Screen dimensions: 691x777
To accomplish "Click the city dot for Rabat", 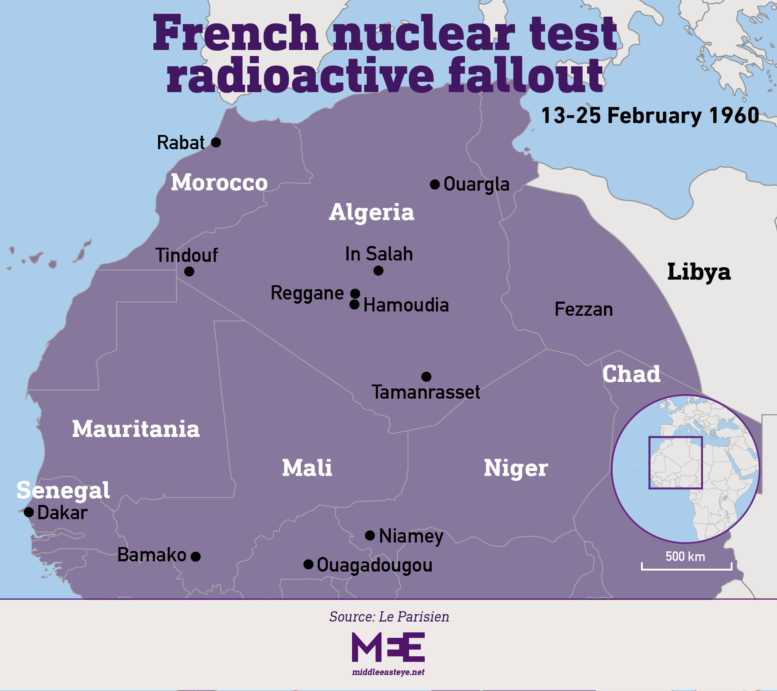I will tap(216, 142).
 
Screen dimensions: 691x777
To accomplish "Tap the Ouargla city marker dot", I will tap(435, 185).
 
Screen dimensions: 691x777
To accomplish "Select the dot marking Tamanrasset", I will tap(426, 376).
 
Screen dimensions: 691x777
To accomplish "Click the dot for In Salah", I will tap(378, 270).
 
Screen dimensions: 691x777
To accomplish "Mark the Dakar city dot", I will tap(29, 512).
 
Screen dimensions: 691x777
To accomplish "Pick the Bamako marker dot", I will tap(195, 556).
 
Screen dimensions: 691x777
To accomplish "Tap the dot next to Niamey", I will tap(370, 535).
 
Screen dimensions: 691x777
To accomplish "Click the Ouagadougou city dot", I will tap(308, 564).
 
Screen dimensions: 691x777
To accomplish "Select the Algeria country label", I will tap(372, 212).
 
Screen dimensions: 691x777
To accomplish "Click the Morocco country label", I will tap(219, 182).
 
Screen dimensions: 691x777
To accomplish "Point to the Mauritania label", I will tap(136, 429).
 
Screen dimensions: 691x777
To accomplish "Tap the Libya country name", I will tap(699, 272).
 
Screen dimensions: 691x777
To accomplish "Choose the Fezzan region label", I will tap(584, 309).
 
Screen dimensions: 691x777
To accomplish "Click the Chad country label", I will tap(631, 374).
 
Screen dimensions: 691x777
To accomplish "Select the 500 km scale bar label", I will tap(685, 556).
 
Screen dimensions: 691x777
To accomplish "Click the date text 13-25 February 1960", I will tap(650, 116).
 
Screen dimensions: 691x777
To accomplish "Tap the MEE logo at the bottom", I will tap(388, 647).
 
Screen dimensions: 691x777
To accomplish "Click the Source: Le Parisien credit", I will tap(389, 617).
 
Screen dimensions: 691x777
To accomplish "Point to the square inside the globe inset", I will tap(675, 462).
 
